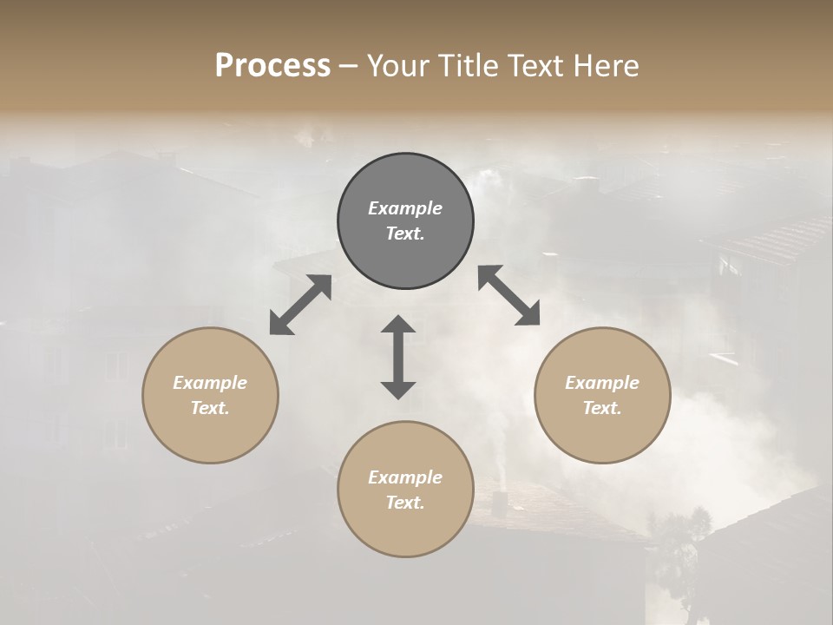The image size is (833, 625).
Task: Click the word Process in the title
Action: (272, 65)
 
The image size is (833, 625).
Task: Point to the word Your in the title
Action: (397, 65)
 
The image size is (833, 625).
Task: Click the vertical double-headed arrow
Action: (398, 357)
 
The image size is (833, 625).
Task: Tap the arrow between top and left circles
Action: (300, 305)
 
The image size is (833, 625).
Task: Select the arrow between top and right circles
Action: (509, 295)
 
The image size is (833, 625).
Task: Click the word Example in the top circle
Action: (405, 208)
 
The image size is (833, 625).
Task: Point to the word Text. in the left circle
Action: (210, 408)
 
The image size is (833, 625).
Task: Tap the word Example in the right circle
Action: (602, 383)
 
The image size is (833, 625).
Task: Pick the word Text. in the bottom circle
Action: (405, 503)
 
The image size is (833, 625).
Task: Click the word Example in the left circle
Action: (210, 383)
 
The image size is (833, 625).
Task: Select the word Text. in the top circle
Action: (405, 234)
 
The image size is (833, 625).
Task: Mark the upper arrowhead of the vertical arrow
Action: (398, 325)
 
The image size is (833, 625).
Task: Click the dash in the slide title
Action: (349, 67)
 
